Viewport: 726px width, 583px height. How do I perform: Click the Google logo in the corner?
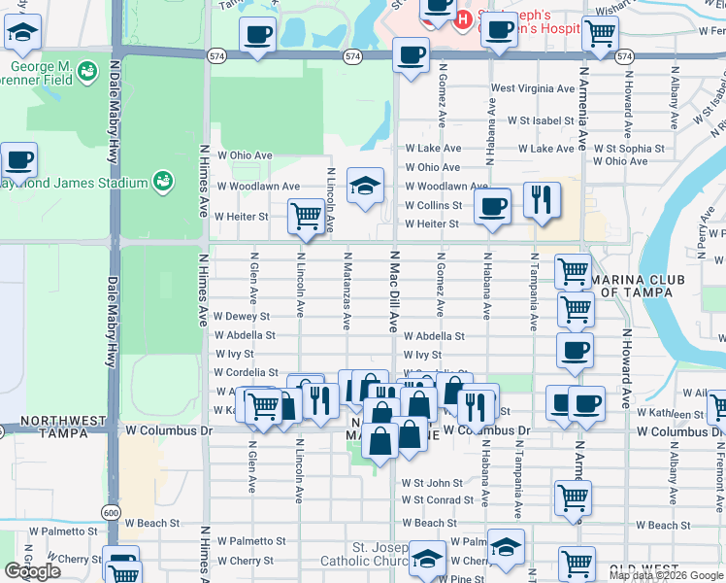pyautogui.click(x=32, y=571)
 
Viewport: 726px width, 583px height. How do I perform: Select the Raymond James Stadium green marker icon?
pyautogui.click(x=163, y=182)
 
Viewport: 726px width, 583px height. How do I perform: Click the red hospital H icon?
pyautogui.click(x=464, y=17)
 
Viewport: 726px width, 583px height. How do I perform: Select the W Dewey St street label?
pyautogui.click(x=242, y=317)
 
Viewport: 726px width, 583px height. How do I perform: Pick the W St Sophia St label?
pyautogui.click(x=629, y=150)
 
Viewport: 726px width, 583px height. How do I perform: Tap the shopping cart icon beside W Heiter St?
pyautogui.click(x=306, y=215)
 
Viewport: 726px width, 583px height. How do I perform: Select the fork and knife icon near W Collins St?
pyautogui.click(x=541, y=199)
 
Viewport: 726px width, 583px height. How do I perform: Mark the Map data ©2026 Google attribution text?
pyautogui.click(x=665, y=575)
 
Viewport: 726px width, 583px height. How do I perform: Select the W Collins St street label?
pyautogui.click(x=435, y=205)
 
